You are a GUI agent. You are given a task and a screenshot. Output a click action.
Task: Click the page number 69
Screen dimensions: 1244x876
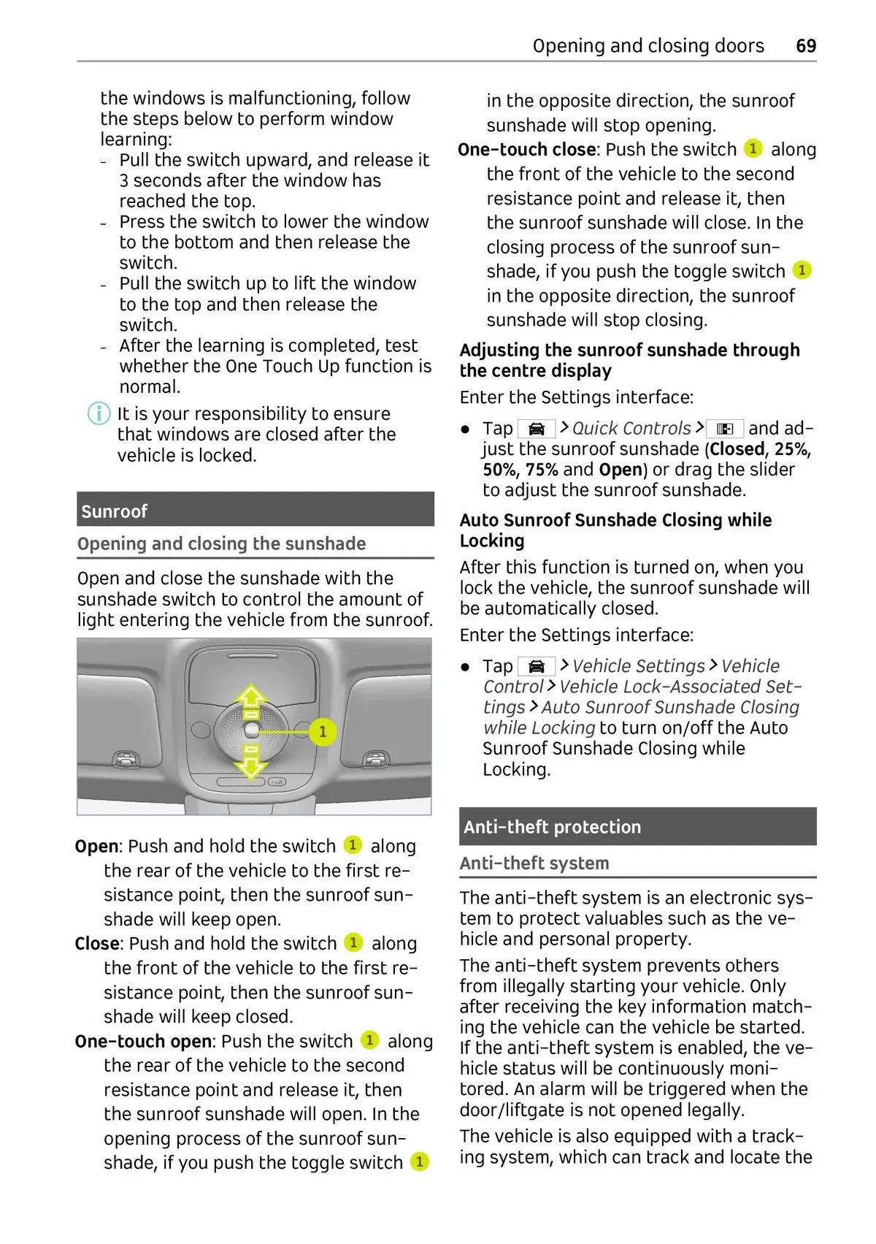coord(805,46)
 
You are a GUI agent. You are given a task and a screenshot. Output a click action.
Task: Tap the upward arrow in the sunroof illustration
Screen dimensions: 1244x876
coord(251,696)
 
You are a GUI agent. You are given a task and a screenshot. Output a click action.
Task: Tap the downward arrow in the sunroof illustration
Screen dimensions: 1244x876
coord(251,765)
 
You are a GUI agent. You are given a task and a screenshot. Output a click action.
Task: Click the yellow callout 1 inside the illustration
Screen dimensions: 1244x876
coord(322,731)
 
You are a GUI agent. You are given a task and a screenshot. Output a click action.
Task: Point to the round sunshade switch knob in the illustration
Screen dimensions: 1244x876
coord(251,730)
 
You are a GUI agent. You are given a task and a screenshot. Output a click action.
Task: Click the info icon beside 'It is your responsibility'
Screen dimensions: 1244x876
coord(99,414)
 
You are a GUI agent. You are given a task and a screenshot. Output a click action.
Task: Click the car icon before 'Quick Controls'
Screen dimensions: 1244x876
coord(537,429)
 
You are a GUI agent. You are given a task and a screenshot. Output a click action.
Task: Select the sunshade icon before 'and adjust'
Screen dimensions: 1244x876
coord(725,429)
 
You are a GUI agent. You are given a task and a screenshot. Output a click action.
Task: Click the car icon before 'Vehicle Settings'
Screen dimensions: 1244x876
coord(537,666)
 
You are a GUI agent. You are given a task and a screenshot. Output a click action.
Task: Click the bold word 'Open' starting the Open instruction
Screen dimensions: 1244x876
coord(96,847)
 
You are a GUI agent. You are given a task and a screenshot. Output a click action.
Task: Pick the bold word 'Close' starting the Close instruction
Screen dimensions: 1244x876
coord(97,944)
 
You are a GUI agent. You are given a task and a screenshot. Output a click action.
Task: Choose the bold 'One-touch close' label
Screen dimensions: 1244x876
coord(527,150)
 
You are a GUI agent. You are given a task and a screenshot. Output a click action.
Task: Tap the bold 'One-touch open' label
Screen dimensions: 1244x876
coord(143,1042)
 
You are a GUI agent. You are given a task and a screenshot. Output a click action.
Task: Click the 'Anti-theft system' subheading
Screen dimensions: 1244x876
coord(534,863)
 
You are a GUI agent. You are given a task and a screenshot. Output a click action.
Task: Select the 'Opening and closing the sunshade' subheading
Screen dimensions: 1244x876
coord(222,544)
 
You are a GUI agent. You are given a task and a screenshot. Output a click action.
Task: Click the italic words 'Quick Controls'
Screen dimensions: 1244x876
coord(631,429)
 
